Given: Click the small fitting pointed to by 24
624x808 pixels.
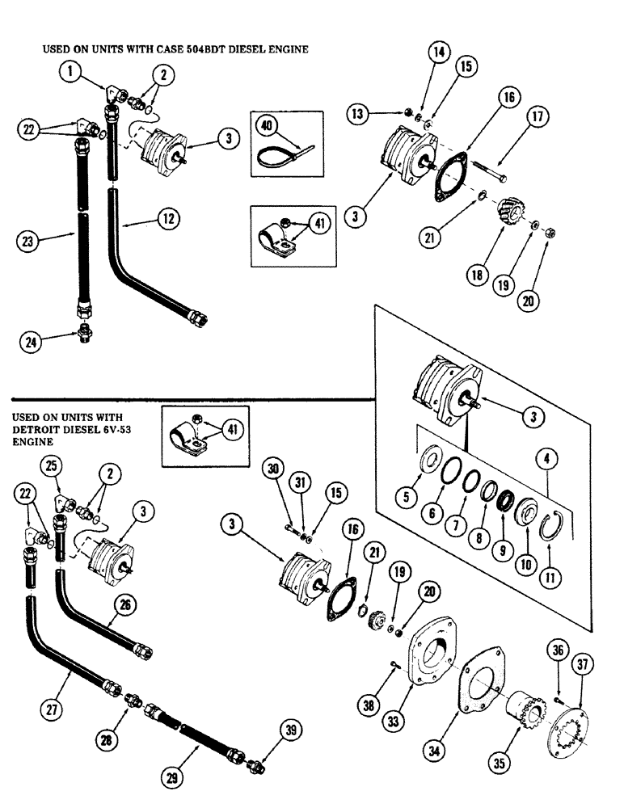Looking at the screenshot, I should pyautogui.click(x=83, y=333).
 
